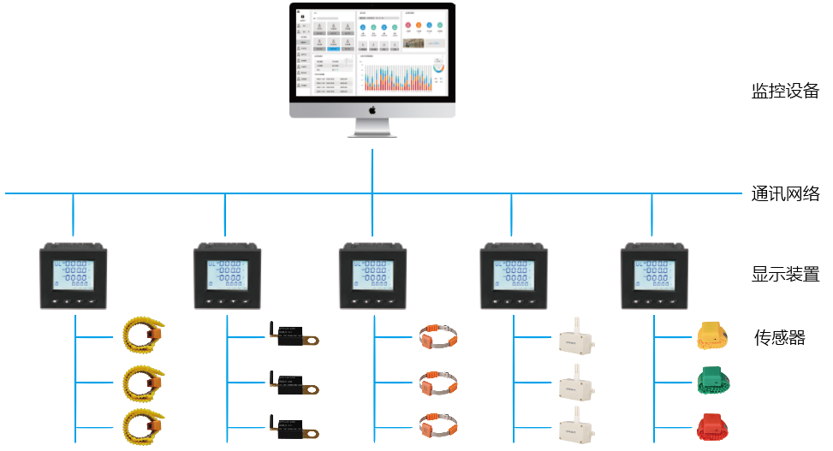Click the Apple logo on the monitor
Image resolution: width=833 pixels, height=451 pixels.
tap(372, 110)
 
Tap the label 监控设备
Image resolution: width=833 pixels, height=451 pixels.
tap(785, 92)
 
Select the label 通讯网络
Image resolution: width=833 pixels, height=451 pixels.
tap(785, 194)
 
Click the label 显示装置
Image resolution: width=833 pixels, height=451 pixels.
tap(785, 275)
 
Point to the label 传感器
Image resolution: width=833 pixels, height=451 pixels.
tap(779, 338)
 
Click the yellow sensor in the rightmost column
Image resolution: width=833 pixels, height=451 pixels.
tap(712, 337)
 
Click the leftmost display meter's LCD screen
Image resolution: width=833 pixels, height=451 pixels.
tap(73, 275)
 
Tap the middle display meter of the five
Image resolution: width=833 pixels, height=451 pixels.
tap(372, 276)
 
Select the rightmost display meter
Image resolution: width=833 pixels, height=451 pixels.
tap(652, 276)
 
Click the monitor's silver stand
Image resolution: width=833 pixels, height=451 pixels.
tap(372, 128)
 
